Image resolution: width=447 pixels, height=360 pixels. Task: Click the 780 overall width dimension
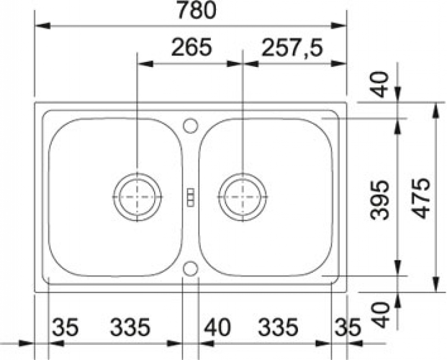[x=196, y=10]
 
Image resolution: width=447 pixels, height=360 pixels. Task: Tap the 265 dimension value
[x=192, y=47]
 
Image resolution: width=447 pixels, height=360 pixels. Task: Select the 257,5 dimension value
[x=292, y=48]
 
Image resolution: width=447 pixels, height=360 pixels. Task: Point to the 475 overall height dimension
[x=420, y=198]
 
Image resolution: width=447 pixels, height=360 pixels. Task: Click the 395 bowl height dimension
[x=380, y=200]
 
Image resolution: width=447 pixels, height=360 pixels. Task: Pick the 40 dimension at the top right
[x=380, y=84]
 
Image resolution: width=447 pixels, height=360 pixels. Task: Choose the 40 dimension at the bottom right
[x=380, y=314]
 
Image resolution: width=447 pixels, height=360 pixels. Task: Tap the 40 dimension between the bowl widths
[x=217, y=327]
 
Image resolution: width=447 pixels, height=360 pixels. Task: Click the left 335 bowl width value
[x=130, y=327]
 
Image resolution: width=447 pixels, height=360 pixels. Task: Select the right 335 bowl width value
[x=278, y=327]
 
